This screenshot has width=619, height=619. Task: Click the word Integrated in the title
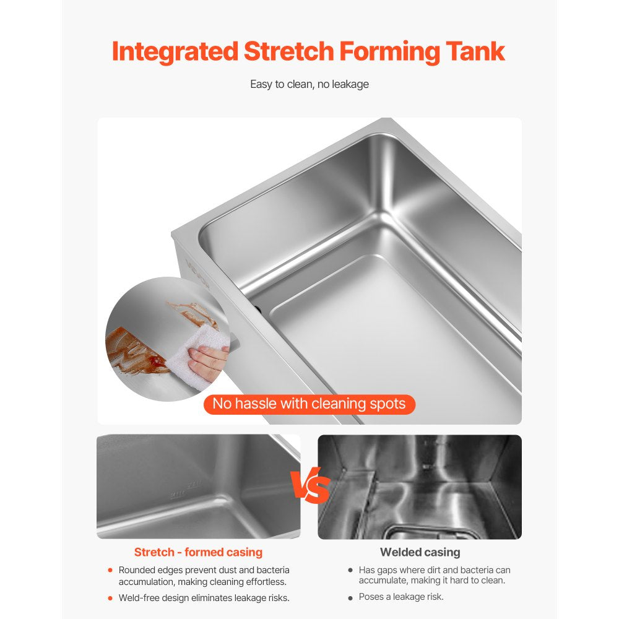pos(175,52)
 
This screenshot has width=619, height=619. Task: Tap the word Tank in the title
pos(475,52)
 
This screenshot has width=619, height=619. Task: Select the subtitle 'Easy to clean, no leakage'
pos(309,84)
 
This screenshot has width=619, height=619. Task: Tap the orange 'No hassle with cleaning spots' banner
pos(309,404)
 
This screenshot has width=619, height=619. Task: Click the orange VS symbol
pos(309,487)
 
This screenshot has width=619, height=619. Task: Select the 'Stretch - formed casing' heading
pos(198,552)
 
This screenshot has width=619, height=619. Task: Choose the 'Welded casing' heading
pos(420,552)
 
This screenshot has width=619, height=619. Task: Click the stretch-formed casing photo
pos(198,487)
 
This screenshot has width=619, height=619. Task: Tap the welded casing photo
pos(420,487)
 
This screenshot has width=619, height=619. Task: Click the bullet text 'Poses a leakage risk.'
pos(401,597)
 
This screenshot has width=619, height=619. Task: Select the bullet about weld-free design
pos(204,598)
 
